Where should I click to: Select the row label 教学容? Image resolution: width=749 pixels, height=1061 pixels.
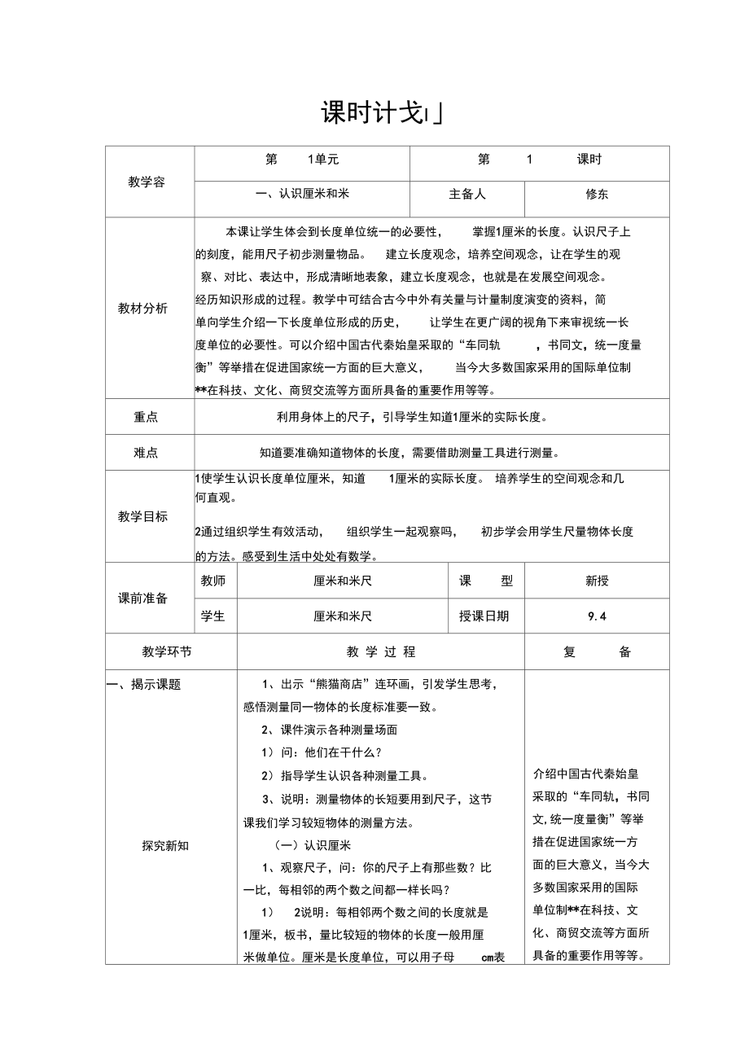coord(147,182)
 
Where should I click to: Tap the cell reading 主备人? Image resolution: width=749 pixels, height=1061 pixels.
coord(467,195)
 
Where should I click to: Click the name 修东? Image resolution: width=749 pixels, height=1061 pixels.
coord(597,195)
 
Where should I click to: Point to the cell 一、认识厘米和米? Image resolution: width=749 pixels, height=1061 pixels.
coord(302,195)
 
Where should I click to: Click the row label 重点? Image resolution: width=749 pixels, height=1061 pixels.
coord(147,417)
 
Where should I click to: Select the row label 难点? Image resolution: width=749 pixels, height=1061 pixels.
coord(147,453)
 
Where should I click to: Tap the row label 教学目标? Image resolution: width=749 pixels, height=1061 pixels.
coord(143,516)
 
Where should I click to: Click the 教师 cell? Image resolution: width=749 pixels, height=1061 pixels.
coord(213,581)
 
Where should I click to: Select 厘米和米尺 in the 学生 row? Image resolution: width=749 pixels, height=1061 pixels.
coord(343,616)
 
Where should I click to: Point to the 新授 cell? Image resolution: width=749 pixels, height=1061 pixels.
coord(597,581)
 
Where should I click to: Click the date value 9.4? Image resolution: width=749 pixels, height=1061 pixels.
coord(597,616)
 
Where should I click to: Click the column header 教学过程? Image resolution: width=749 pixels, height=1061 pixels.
coord(381,651)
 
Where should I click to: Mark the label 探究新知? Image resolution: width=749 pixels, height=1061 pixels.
coord(165,845)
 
